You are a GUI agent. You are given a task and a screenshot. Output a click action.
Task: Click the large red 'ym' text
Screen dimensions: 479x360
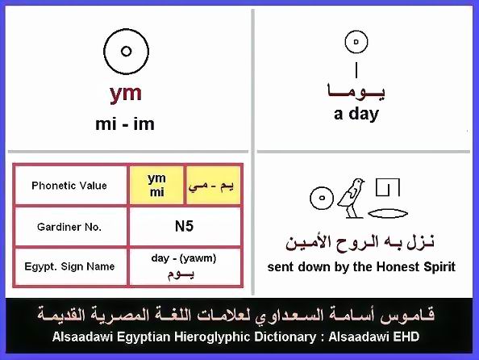[126, 94]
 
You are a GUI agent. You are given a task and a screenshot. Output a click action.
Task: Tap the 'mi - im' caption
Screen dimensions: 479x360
[125, 124]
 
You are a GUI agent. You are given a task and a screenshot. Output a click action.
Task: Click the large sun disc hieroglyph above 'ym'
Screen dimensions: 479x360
[126, 52]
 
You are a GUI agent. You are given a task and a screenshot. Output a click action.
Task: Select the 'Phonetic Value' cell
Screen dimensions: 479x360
[69, 186]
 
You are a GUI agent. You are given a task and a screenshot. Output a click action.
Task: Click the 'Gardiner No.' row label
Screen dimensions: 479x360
[69, 227]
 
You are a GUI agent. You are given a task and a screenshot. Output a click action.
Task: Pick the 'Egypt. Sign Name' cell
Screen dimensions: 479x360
[69, 266]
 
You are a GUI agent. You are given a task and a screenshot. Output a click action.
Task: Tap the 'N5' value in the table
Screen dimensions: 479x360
[184, 226]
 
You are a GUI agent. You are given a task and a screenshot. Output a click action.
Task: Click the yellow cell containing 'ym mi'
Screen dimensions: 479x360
[156, 185]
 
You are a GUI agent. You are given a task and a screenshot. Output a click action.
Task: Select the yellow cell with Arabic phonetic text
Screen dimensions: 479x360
[213, 185]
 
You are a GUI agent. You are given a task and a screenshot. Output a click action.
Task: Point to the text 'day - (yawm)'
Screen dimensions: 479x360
[184, 258]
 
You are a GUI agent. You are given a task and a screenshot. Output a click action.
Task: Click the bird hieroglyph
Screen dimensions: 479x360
[352, 198]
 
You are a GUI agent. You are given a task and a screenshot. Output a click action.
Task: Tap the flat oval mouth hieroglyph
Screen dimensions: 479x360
[388, 213]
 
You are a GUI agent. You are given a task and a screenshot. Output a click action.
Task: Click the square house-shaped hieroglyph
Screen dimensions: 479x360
[388, 187]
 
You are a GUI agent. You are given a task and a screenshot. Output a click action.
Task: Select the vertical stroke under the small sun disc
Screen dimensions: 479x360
[356, 70]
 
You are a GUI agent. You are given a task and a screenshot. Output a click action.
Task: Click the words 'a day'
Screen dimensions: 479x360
[356, 114]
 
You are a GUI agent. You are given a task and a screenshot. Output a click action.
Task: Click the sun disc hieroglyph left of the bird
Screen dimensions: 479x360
[322, 198]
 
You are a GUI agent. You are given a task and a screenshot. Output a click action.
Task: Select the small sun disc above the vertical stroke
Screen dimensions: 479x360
[356, 42]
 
